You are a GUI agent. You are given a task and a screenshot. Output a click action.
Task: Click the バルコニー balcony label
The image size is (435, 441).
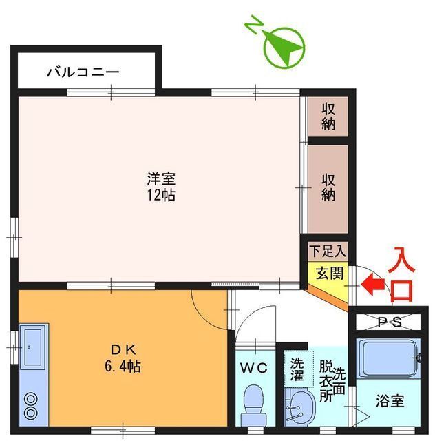click(x=83, y=72)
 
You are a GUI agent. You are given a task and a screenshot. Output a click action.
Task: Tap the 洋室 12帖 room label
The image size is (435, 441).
click(x=160, y=185)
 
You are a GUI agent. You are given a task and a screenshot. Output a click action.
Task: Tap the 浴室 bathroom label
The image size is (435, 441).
click(x=390, y=400)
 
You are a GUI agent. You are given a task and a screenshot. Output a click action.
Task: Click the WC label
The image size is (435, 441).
click(x=253, y=367)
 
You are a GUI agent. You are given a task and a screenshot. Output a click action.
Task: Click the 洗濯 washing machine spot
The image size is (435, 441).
click(x=297, y=370)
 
